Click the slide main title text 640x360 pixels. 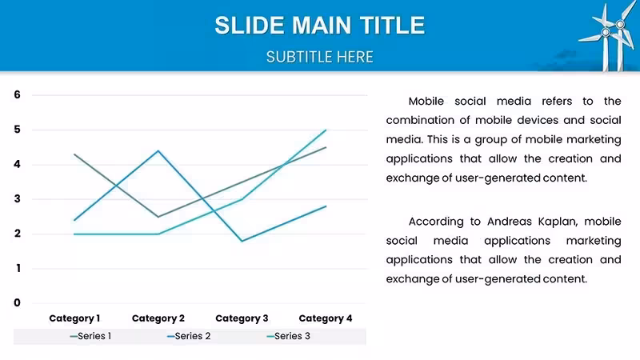coord(319,26)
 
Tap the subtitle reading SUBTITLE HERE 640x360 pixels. coord(319,57)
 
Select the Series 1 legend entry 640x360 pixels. coord(90,336)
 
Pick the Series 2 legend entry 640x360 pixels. coord(189,336)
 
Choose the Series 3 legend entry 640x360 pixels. coord(288,336)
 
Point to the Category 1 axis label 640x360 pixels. coord(74,318)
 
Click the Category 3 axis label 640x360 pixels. coord(242,318)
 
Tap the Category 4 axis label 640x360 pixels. coord(326,318)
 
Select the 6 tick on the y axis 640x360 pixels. coord(17,94)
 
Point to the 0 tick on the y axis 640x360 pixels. coord(17,303)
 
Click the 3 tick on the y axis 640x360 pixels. coord(17,198)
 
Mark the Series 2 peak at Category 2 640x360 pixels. coord(158,151)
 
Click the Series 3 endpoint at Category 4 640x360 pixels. coord(326,130)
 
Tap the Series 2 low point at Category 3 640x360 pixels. coord(242,241)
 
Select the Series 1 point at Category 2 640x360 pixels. coord(158,217)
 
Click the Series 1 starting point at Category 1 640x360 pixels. coord(74,154)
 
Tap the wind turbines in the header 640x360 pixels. coord(608,37)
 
